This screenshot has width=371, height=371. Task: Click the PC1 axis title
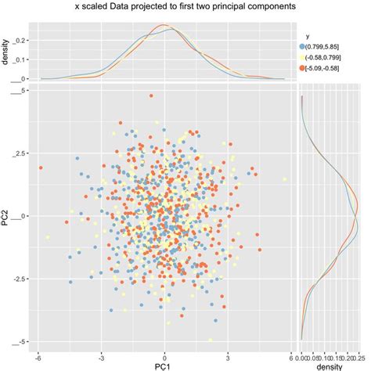[x=164, y=365]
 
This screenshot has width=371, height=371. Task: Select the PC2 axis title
[x=6, y=216]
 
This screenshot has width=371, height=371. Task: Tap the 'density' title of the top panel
[x=6, y=59]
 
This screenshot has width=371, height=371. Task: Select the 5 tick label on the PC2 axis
[x=25, y=91]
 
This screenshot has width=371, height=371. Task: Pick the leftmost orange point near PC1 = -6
[x=39, y=167]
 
